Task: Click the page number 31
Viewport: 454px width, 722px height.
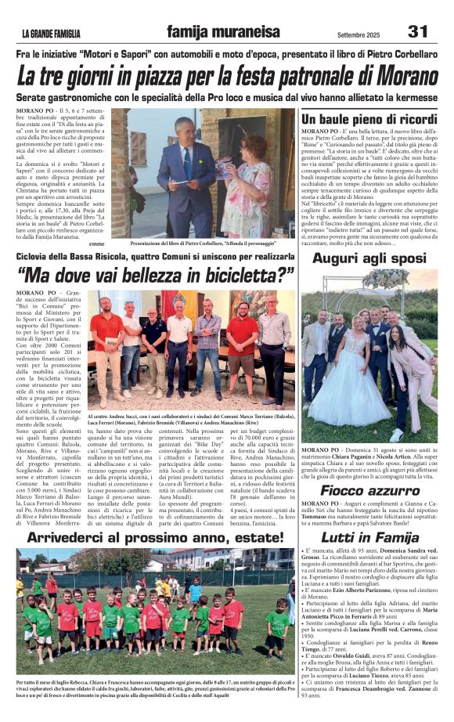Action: click(418, 31)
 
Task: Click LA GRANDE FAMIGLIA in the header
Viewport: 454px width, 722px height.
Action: click(50, 34)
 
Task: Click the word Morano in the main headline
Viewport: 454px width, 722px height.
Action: click(400, 77)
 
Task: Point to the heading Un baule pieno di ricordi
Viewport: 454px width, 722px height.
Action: click(369, 118)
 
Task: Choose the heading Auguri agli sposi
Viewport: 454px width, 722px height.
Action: click(369, 258)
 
